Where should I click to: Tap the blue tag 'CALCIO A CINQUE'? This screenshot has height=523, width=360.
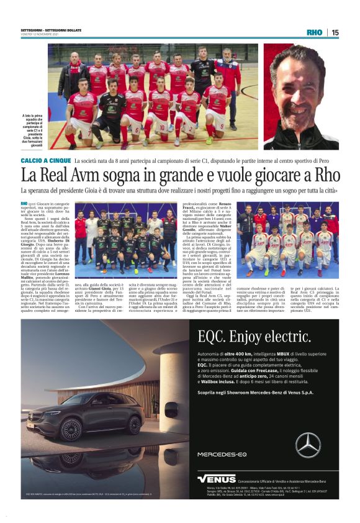(x=45, y=160)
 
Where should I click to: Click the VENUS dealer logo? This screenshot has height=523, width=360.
(x=217, y=479)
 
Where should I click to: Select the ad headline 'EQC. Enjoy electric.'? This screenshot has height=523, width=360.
(x=254, y=336)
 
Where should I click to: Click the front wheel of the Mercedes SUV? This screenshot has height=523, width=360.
(x=71, y=429)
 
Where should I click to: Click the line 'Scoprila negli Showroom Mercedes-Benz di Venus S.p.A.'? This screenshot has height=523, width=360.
(x=254, y=393)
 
